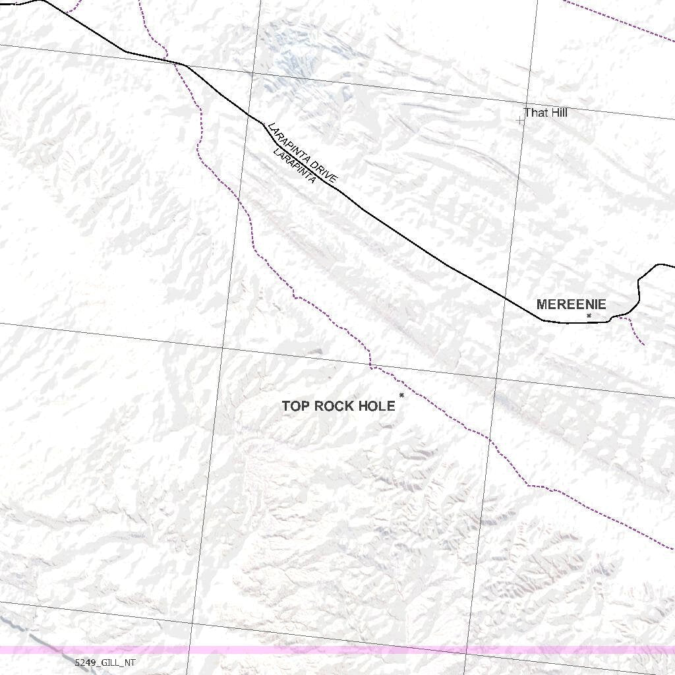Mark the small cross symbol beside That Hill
pos(521,121)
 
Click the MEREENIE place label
pos(571,305)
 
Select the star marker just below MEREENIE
pos(589,316)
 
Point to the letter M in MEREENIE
pos(542,305)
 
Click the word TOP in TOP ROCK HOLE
pos(295,406)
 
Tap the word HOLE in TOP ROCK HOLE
pos(378,406)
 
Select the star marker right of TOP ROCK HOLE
pos(401,396)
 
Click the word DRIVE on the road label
pos(324,170)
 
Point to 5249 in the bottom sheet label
pos(84,662)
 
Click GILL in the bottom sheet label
pos(109,662)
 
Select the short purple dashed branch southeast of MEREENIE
pos(636,330)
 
